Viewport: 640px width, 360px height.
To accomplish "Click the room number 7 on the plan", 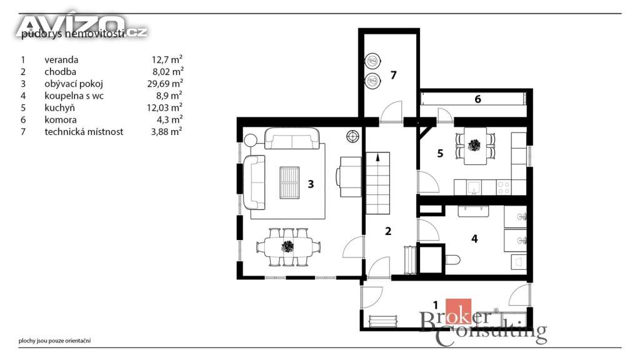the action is click(x=394, y=75).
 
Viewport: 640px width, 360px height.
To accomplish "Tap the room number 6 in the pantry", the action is click(x=477, y=99).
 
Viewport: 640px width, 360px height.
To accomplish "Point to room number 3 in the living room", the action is click(x=311, y=184).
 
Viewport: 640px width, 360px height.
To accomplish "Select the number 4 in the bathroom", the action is click(x=474, y=239).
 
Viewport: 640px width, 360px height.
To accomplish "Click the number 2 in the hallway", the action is click(x=388, y=231).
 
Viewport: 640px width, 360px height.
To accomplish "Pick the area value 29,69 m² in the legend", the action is click(x=165, y=84).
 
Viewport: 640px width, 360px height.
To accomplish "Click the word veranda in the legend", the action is click(x=61, y=59).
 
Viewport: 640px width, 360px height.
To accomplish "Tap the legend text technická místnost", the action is click(x=84, y=132).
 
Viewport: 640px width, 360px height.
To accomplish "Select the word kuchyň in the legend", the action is click(x=59, y=107).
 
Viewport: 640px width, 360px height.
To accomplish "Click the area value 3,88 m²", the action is click(x=166, y=131).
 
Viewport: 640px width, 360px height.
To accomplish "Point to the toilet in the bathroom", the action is click(x=452, y=259).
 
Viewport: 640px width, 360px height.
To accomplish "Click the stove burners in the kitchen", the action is click(x=504, y=187).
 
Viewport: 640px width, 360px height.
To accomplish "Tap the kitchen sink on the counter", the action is click(x=474, y=187).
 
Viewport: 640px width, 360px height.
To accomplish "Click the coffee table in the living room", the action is click(x=289, y=182).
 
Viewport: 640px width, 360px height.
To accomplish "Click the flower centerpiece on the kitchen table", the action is click(x=474, y=145).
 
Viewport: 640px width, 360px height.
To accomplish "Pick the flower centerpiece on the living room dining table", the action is click(x=287, y=246).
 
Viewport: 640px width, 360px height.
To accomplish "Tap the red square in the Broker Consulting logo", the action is click(x=458, y=312).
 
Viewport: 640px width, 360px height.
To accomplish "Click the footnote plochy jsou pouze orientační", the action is click(x=55, y=341).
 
